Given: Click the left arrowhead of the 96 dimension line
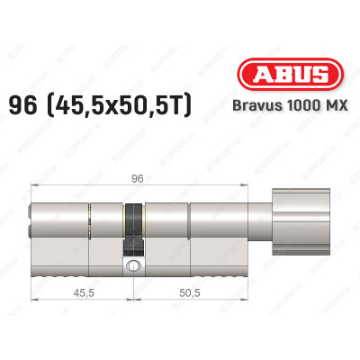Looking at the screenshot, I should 35,185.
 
